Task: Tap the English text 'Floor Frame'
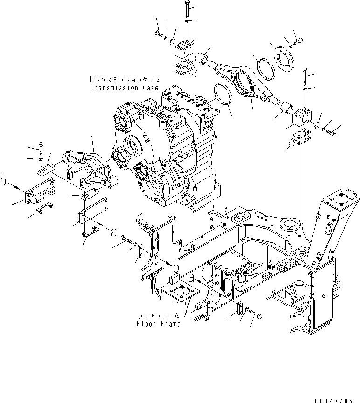coord(159,324)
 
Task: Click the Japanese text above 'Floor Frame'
coord(159,316)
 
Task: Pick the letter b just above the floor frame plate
coord(175,267)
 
